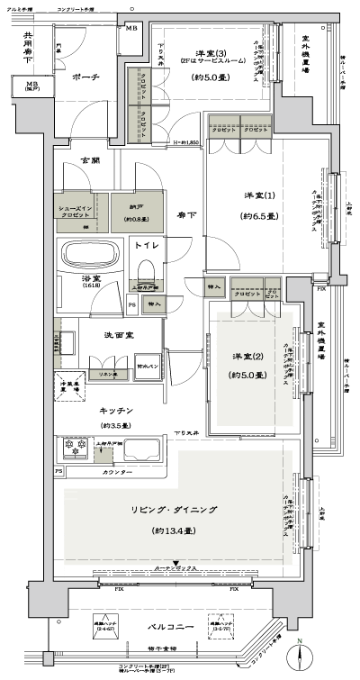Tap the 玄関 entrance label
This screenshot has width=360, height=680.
pyautogui.click(x=91, y=160)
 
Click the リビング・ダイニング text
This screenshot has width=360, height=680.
pyautogui.click(x=176, y=510)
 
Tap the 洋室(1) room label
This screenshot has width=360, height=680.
pyautogui.click(x=256, y=196)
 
